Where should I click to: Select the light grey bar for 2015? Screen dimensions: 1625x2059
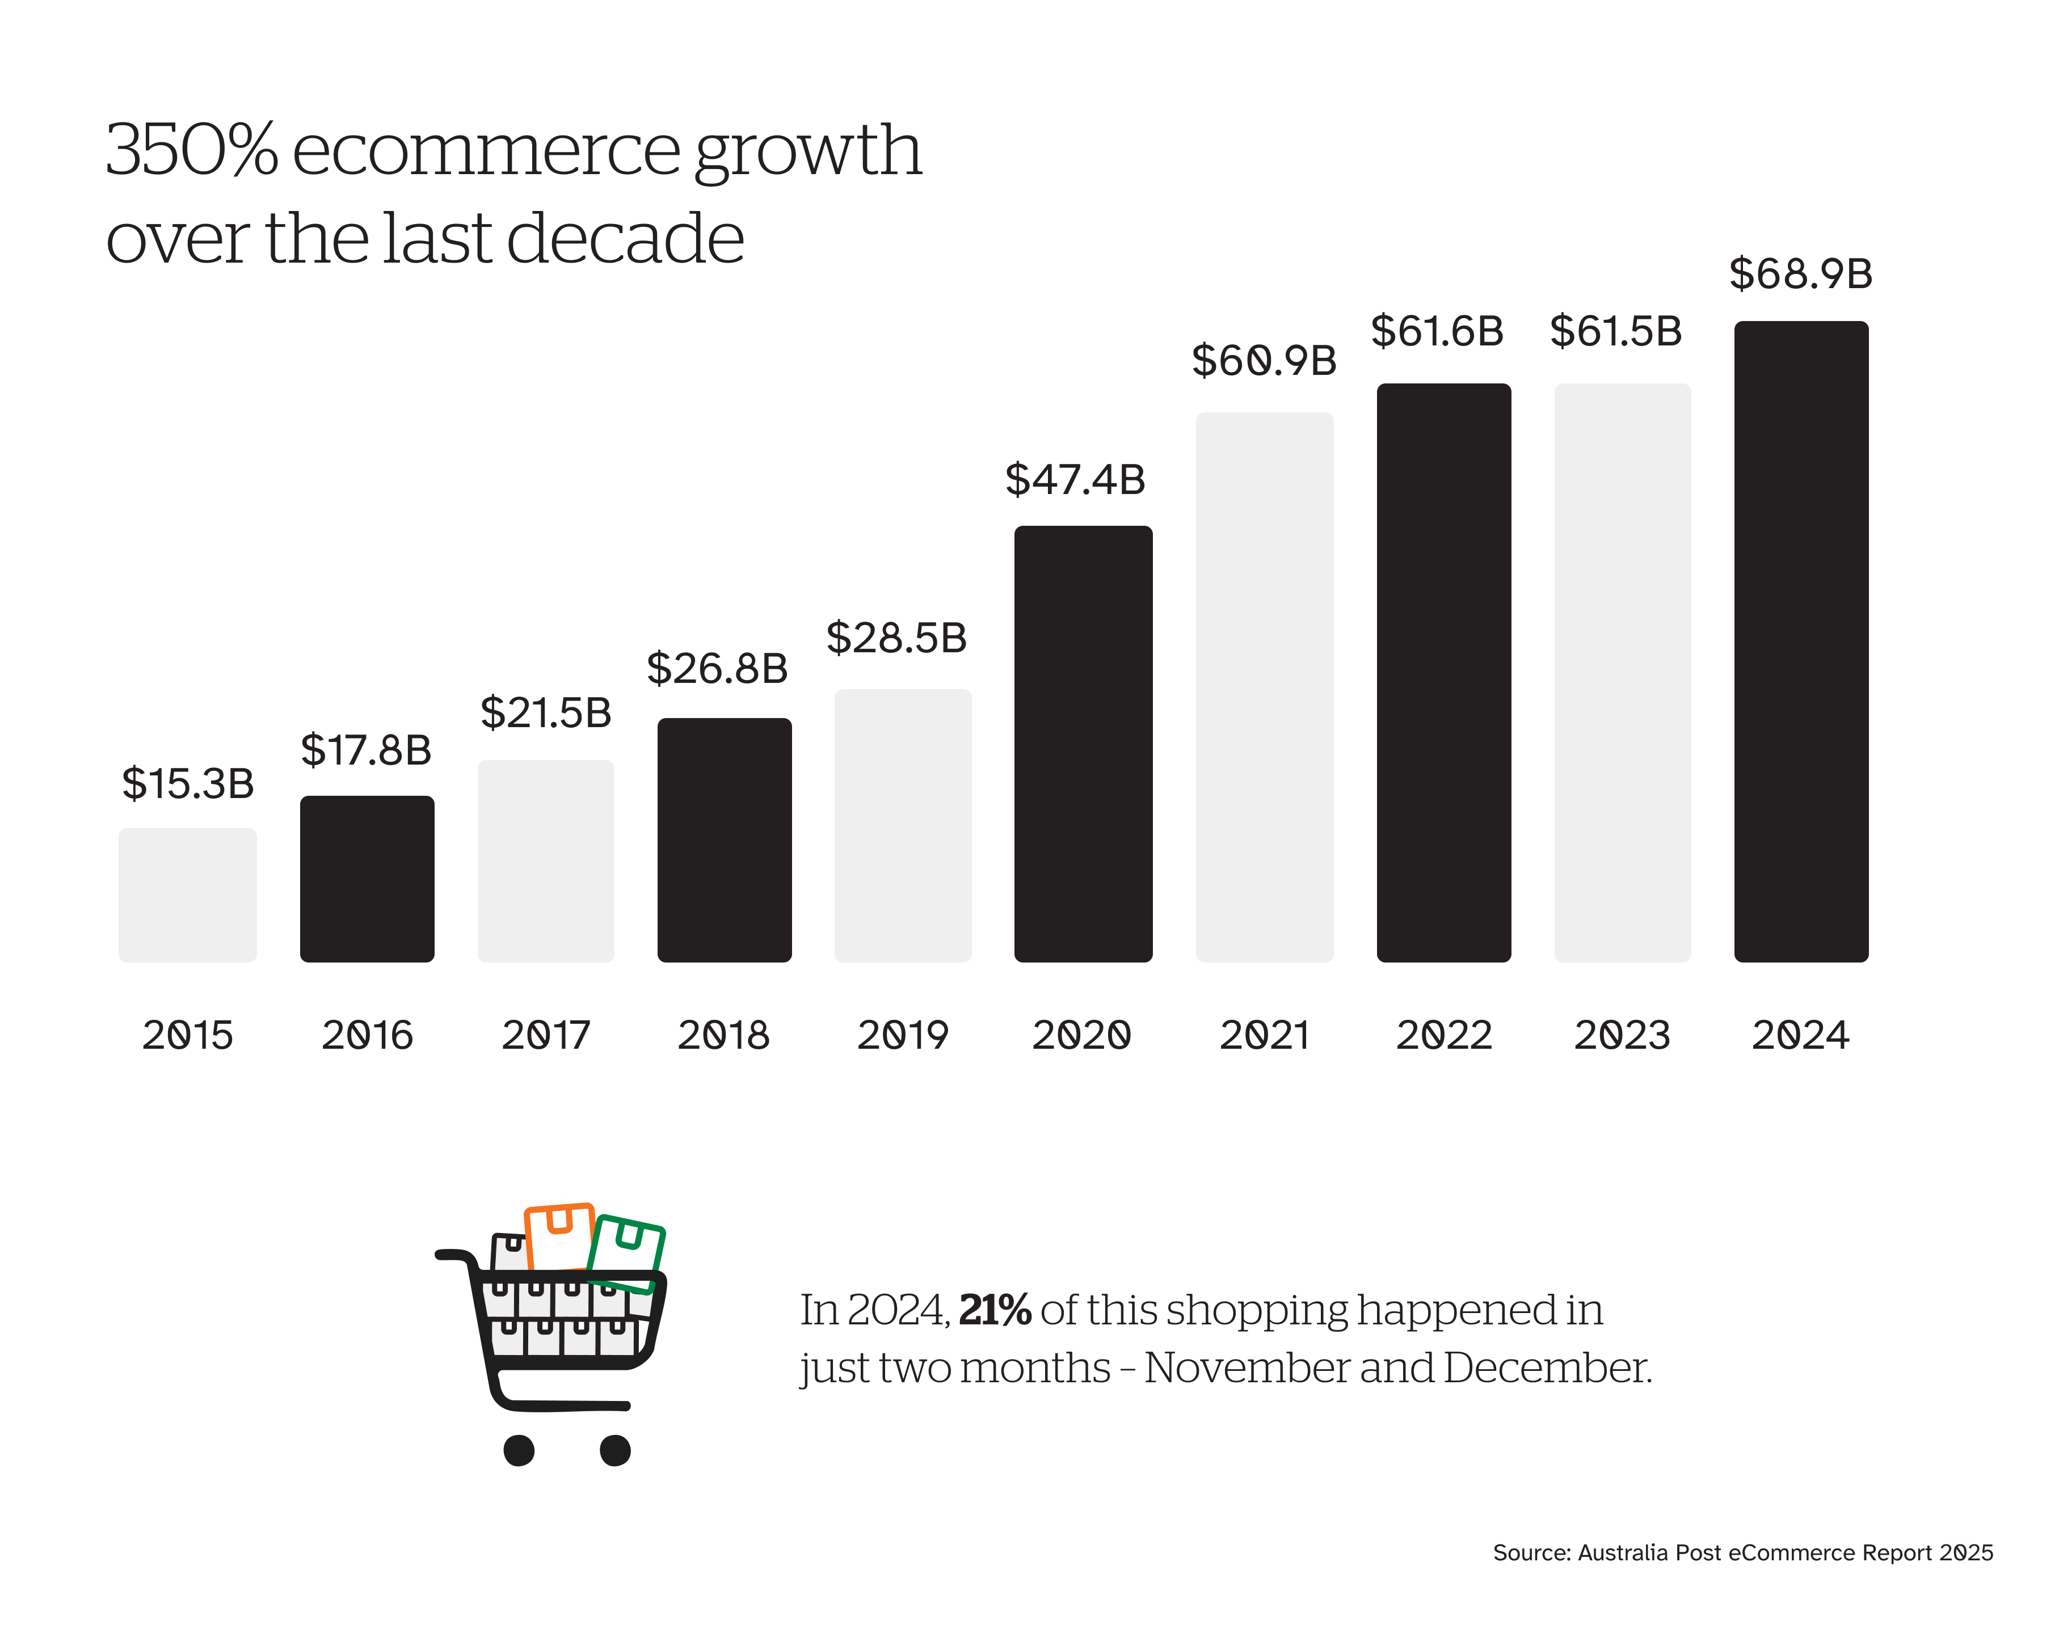coord(187,894)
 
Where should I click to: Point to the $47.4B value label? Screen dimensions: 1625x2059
coord(1075,479)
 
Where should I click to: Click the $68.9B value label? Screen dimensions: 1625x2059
coord(1800,274)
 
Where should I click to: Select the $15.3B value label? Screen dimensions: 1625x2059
coord(187,784)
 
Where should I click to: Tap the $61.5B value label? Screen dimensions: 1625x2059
coord(1616,331)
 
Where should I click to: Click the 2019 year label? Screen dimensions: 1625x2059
coord(903,1035)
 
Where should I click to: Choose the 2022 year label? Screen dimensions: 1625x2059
coord(1443,1035)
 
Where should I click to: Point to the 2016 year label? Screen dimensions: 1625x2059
coord(367,1035)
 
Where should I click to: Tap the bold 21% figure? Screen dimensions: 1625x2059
coord(994,1310)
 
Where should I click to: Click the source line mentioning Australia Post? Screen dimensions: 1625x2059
coord(1742,1553)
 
